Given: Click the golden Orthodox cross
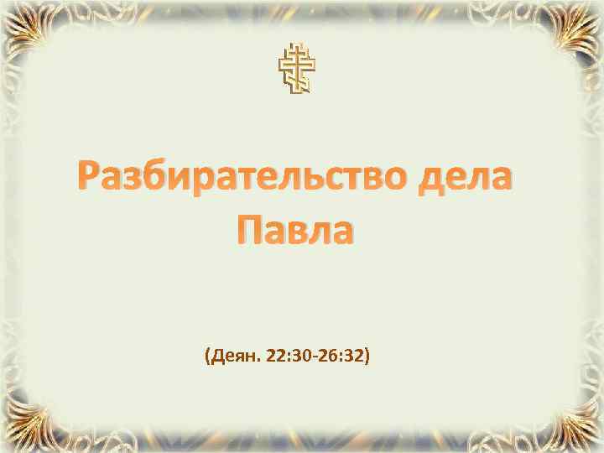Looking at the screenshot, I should [x=299, y=66].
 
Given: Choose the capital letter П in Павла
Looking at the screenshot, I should [x=241, y=226].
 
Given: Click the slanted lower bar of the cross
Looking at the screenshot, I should [x=299, y=79].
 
